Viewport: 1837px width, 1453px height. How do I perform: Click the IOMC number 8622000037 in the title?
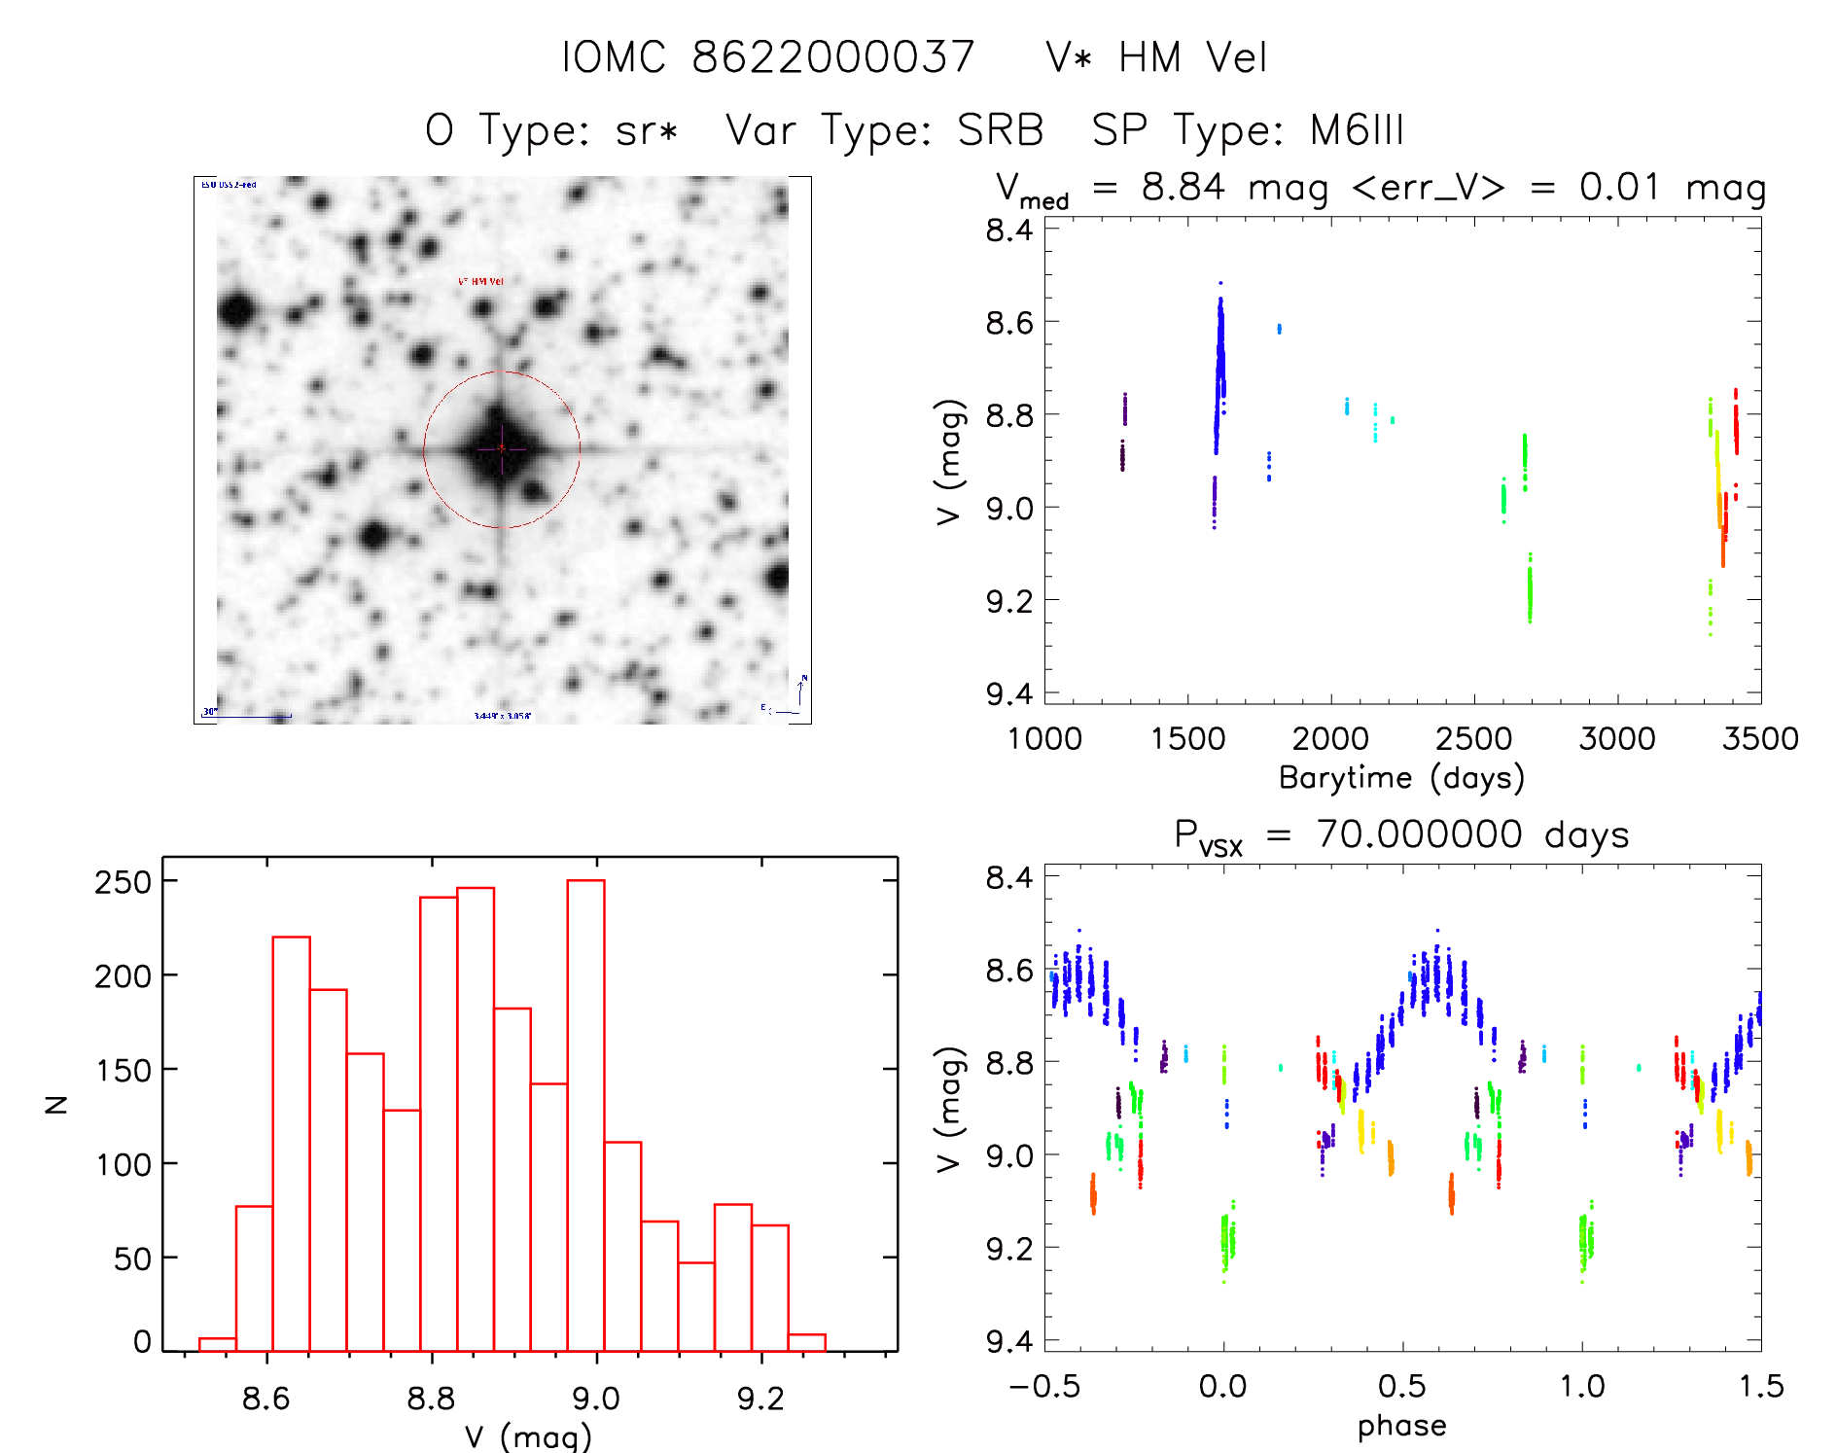point(832,57)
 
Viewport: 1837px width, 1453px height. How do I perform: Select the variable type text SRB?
point(1000,130)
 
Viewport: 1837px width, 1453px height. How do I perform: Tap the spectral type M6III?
point(1357,130)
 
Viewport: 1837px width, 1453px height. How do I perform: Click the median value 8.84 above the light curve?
point(1183,187)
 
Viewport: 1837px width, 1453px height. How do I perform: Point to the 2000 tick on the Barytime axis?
point(1329,739)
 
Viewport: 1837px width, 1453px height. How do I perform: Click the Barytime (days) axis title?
point(1401,778)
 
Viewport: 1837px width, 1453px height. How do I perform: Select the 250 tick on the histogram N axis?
point(123,882)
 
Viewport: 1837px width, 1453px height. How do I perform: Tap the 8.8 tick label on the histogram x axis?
point(431,1399)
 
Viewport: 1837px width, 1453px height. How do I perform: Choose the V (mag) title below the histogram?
point(528,1436)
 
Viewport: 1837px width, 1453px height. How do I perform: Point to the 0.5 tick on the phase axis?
point(1402,1386)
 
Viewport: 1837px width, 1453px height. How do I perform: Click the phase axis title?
point(1401,1426)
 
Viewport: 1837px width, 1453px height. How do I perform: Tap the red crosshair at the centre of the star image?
point(502,448)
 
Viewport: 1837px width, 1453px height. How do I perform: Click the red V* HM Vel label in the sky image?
point(480,282)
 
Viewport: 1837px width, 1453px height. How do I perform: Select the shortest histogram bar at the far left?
point(217,1345)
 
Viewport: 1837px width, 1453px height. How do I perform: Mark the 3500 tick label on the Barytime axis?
point(1759,739)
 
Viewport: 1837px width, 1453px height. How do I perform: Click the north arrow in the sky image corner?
point(801,691)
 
